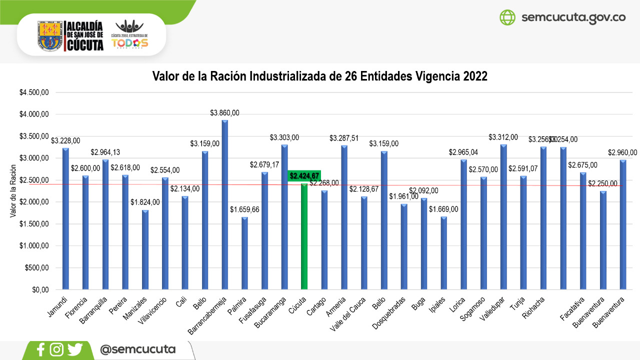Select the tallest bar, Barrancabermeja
[x=224, y=205]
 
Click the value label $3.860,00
[x=224, y=113]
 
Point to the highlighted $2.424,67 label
[x=304, y=176]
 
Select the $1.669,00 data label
[x=443, y=209]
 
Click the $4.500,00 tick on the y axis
[x=34, y=92]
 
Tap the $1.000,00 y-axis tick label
[x=34, y=246]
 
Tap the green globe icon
[x=507, y=17]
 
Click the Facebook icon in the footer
[x=41, y=349]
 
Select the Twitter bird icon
[x=75, y=349]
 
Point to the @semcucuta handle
[x=138, y=349]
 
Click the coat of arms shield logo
[x=50, y=35]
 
